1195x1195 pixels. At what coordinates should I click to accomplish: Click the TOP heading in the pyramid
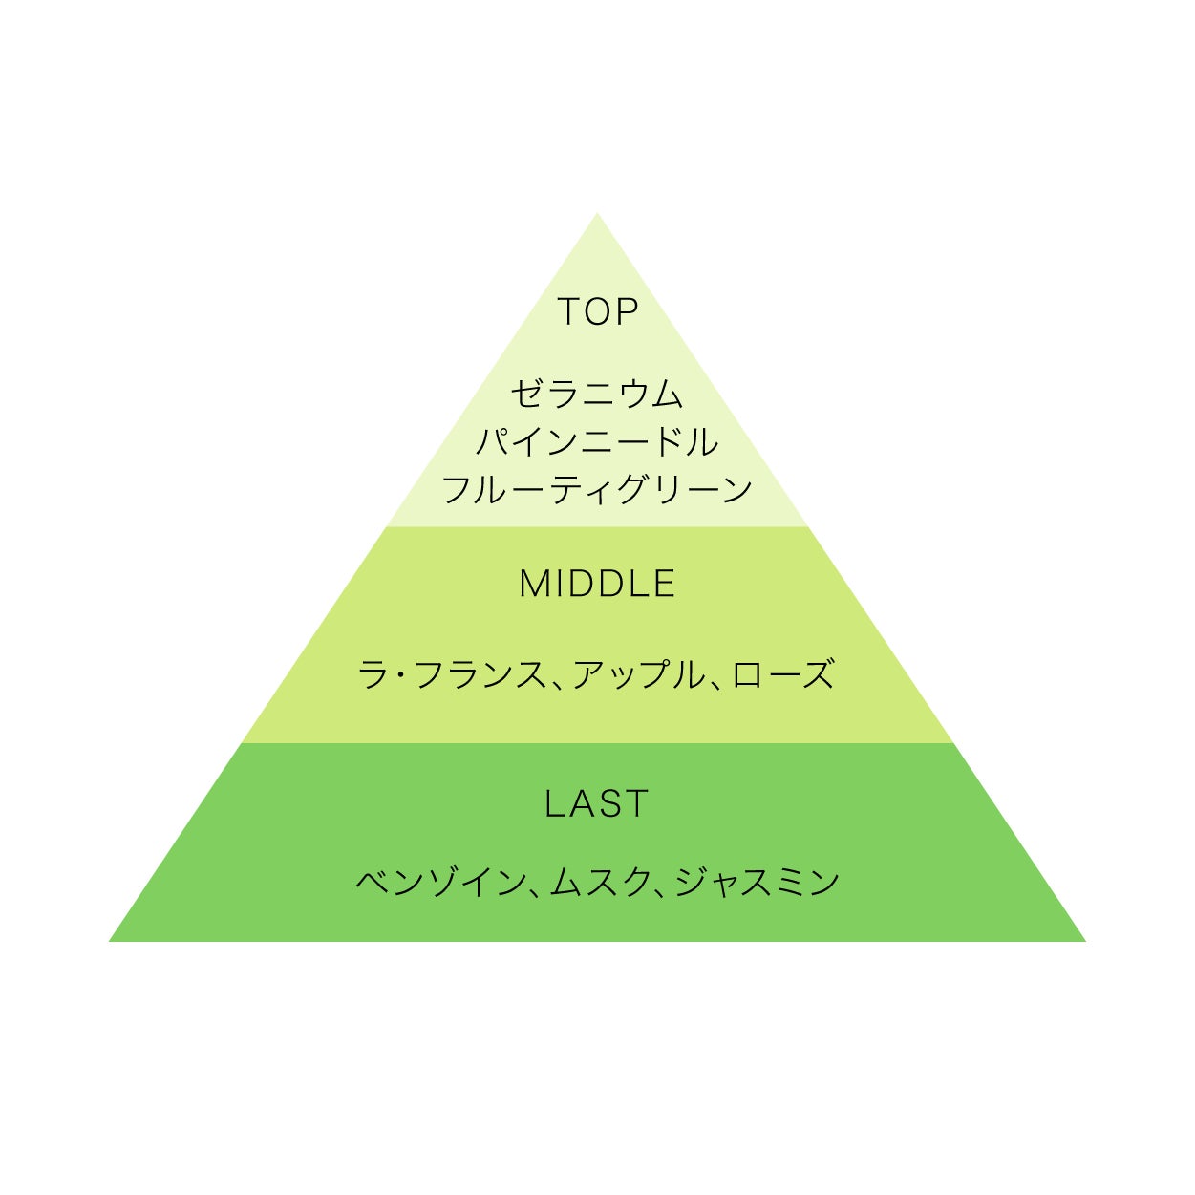[597, 312]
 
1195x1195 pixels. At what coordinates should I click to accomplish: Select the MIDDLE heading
[597, 584]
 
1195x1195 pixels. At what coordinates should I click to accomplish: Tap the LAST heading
[597, 804]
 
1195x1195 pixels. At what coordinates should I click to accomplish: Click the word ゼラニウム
[597, 395]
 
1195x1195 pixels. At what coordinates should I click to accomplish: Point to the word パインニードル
[597, 442]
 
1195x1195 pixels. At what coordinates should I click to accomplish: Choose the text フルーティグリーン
[597, 490]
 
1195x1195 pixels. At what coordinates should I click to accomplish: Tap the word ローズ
[783, 675]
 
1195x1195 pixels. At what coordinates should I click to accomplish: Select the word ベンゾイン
[438, 882]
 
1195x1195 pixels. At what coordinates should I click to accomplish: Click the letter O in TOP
[598, 312]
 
